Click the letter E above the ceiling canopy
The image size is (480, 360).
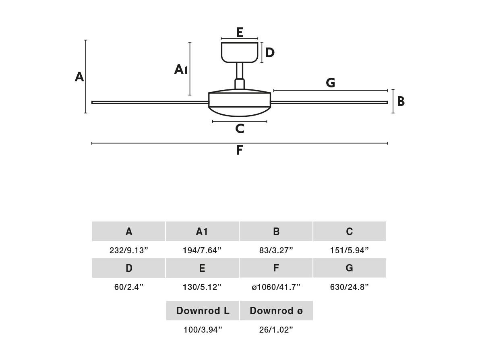click(x=240, y=32)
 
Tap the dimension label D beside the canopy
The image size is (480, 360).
click(x=270, y=53)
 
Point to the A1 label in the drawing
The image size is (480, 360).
click(x=181, y=70)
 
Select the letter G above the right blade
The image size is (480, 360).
click(x=331, y=83)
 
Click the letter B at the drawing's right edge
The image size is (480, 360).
click(x=401, y=101)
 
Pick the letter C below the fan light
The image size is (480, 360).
click(x=240, y=129)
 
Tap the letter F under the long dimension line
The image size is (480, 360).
click(x=240, y=150)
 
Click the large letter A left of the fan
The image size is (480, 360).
click(x=79, y=77)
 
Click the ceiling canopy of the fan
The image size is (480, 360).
click(x=240, y=52)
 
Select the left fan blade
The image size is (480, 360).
click(x=150, y=102)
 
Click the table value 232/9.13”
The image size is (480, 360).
click(x=128, y=250)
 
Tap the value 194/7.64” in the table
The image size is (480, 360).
click(x=202, y=250)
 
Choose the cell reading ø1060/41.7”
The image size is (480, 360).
click(x=276, y=287)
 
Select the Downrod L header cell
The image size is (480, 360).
click(x=203, y=310)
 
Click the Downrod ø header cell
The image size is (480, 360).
click(x=276, y=310)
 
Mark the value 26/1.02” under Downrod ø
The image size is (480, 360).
click(x=276, y=330)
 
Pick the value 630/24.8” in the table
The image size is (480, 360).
click(x=349, y=287)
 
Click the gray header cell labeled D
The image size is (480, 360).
click(x=128, y=268)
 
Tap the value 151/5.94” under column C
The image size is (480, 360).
click(x=349, y=250)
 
